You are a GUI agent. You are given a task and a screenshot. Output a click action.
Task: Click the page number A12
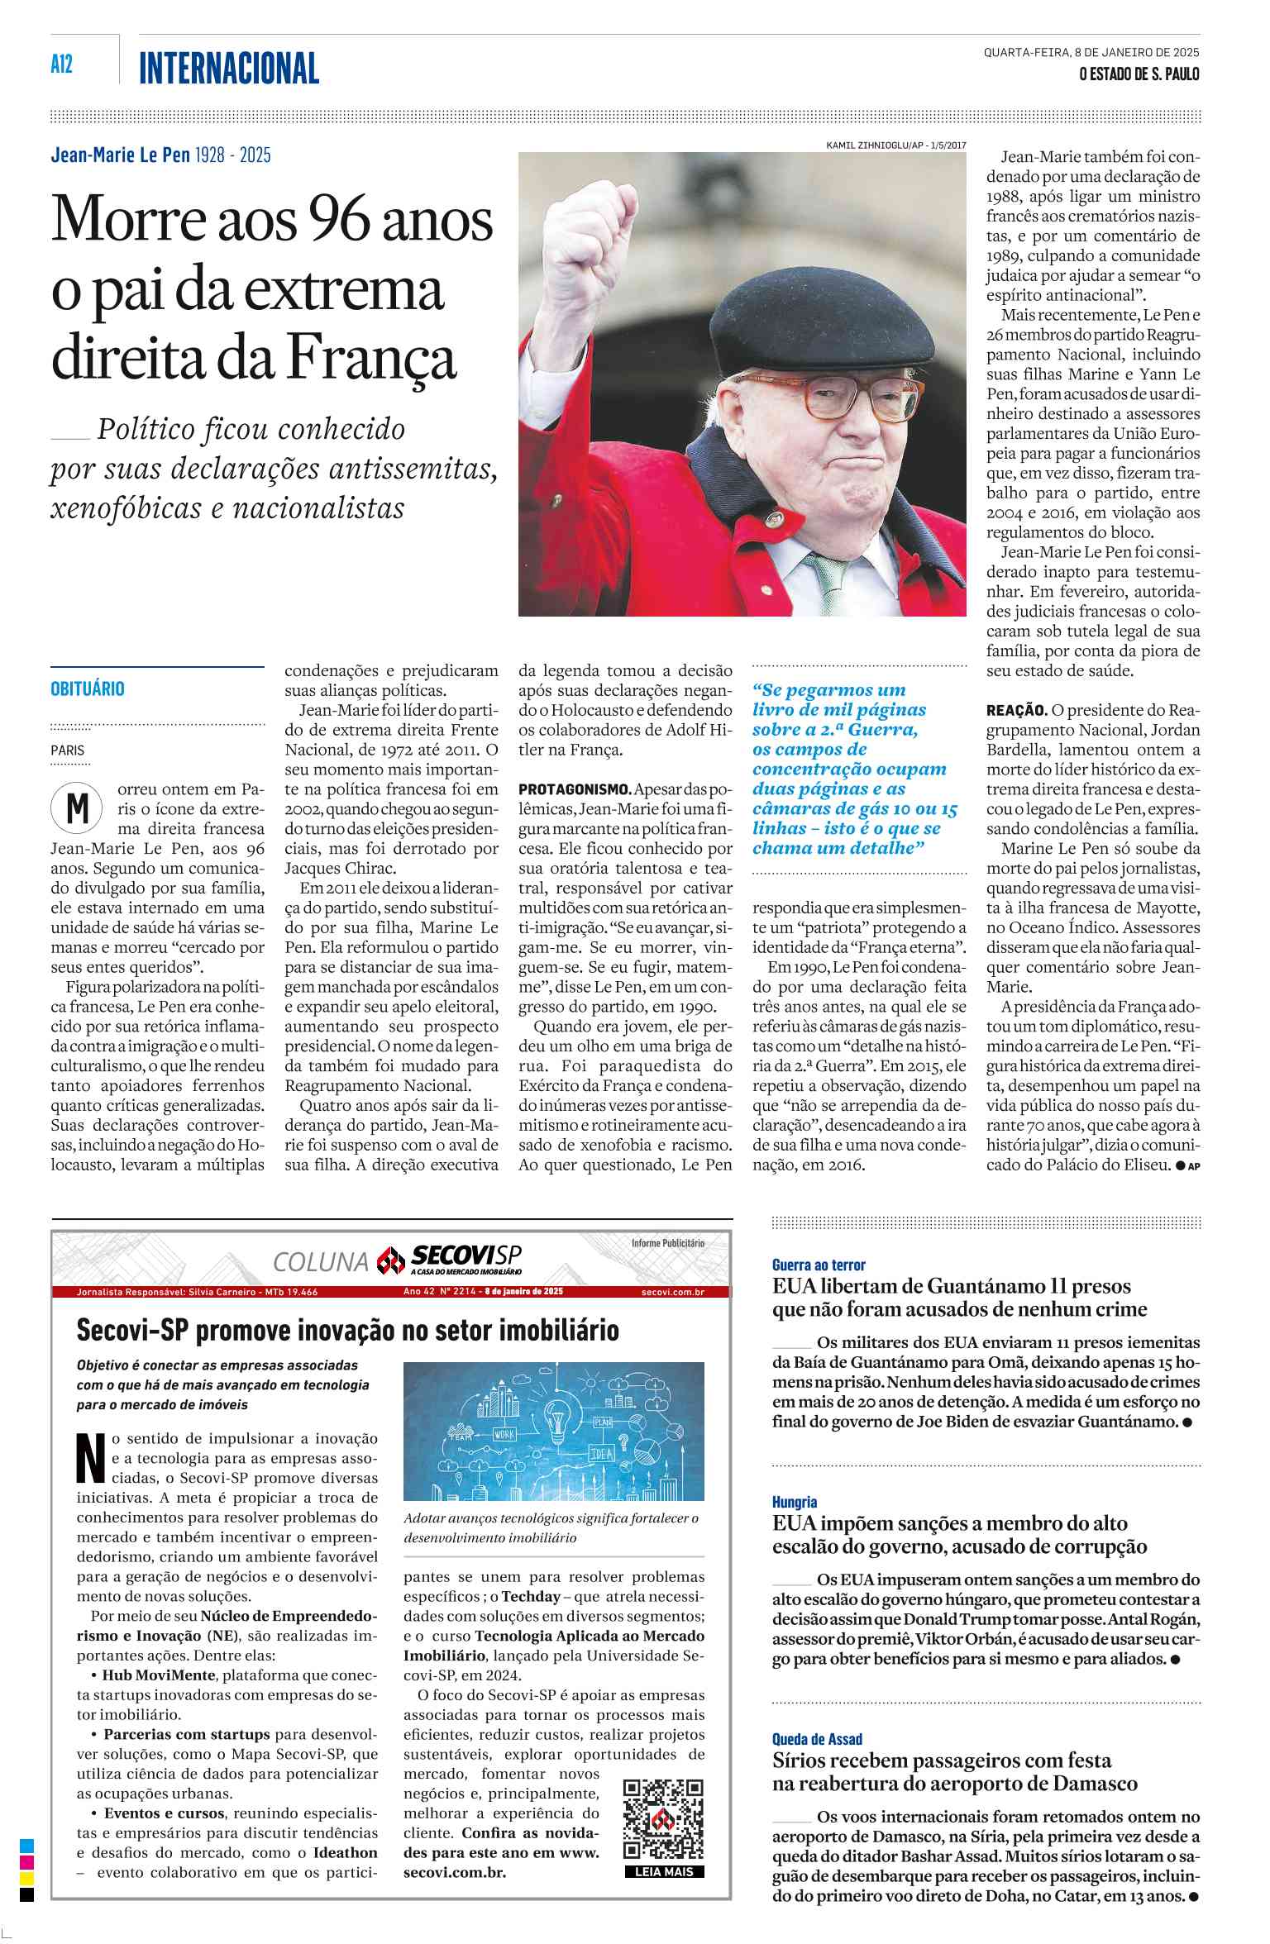click(62, 64)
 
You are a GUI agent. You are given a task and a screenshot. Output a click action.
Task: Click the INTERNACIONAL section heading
click(229, 69)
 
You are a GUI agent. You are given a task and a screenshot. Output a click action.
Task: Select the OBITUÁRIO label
click(88, 688)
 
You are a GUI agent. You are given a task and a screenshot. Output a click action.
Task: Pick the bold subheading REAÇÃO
click(1016, 710)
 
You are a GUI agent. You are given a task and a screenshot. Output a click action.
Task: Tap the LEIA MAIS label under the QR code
click(664, 1872)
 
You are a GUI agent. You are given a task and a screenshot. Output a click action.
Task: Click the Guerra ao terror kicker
click(819, 1265)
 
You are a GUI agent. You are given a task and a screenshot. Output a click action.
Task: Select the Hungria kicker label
click(795, 1502)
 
